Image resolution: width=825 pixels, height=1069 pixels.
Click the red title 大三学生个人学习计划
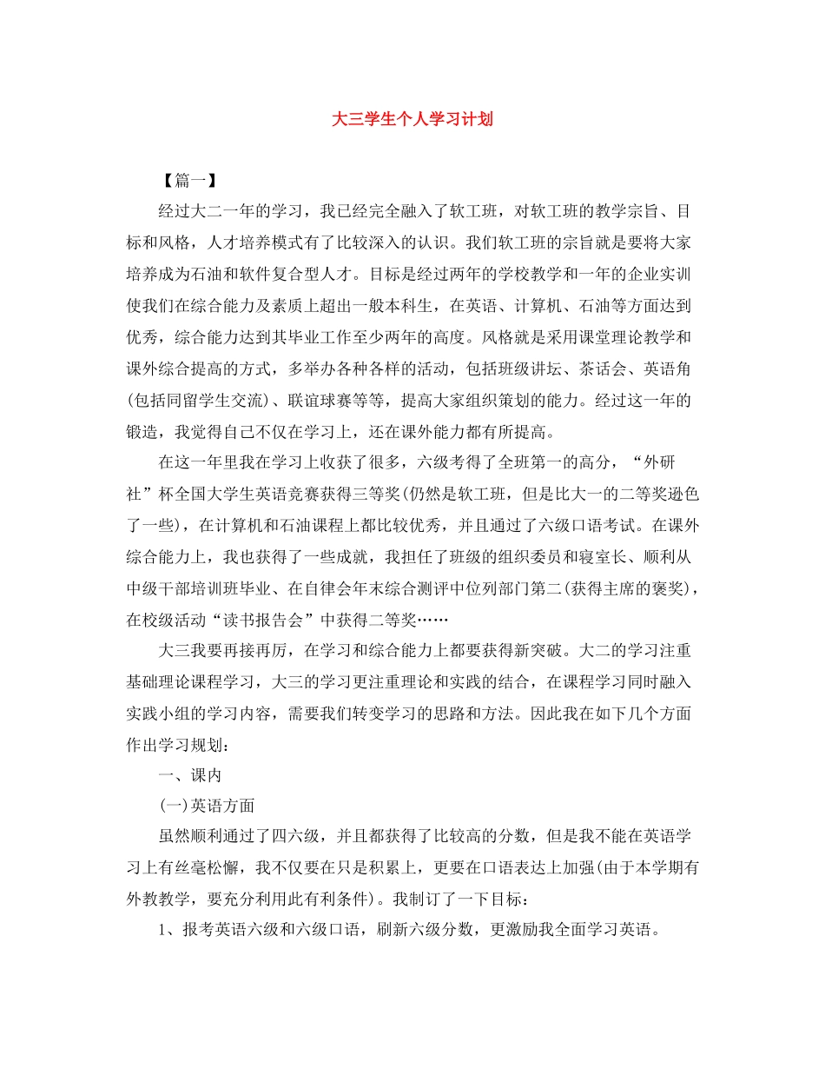(x=412, y=119)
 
